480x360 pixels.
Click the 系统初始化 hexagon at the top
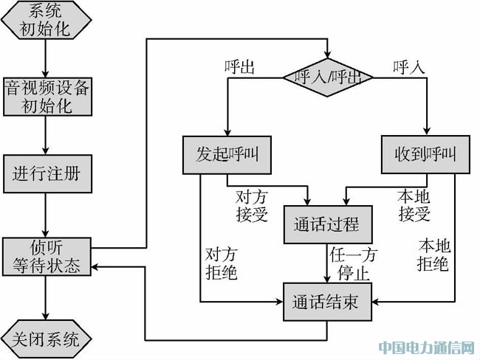pos(47,20)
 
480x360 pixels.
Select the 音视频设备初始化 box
pos(47,96)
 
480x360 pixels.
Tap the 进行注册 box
pos(47,174)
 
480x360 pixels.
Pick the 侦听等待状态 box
pos(47,257)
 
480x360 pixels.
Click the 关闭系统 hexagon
pos(47,339)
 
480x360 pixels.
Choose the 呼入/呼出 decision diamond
pos(328,76)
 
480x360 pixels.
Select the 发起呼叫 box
pos(227,155)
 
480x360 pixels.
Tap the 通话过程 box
pos(327,224)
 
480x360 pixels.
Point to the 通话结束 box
pos(328,302)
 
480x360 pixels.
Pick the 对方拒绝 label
pos(222,263)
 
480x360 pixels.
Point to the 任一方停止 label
pos(353,263)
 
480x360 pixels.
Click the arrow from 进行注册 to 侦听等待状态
pos(47,215)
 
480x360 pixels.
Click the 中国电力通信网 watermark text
pos(427,347)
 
